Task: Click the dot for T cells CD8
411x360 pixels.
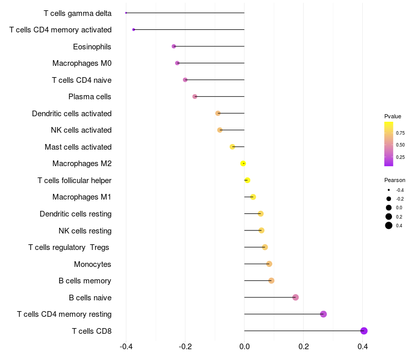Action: pyautogui.click(x=364, y=331)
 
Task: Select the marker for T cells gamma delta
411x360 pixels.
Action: pyautogui.click(x=126, y=13)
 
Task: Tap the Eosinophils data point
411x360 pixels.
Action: pyautogui.click(x=174, y=46)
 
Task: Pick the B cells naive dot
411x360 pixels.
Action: pyautogui.click(x=295, y=297)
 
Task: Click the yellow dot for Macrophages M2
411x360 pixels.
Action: pyautogui.click(x=243, y=164)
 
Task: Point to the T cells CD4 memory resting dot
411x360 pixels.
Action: pyautogui.click(x=323, y=314)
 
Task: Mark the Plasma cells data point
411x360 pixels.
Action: pyautogui.click(x=195, y=97)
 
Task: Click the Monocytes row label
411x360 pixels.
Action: pyautogui.click(x=92, y=264)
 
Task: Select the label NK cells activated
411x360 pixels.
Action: pyautogui.click(x=81, y=130)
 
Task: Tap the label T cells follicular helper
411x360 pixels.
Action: pyautogui.click(x=74, y=181)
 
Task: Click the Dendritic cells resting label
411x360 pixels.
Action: pyautogui.click(x=76, y=214)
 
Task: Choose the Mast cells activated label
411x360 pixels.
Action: pyautogui.click(x=78, y=147)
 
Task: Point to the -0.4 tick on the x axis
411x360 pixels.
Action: pyautogui.click(x=126, y=347)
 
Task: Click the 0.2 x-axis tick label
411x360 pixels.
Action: pyautogui.click(x=304, y=347)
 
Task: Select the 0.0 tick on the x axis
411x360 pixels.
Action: pyautogui.click(x=245, y=347)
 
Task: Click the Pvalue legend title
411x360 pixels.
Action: pyautogui.click(x=393, y=116)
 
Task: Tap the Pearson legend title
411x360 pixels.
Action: pyautogui.click(x=395, y=180)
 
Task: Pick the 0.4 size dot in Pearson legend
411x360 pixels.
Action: pyautogui.click(x=389, y=225)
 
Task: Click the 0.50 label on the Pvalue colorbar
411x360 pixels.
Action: pyautogui.click(x=400, y=145)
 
